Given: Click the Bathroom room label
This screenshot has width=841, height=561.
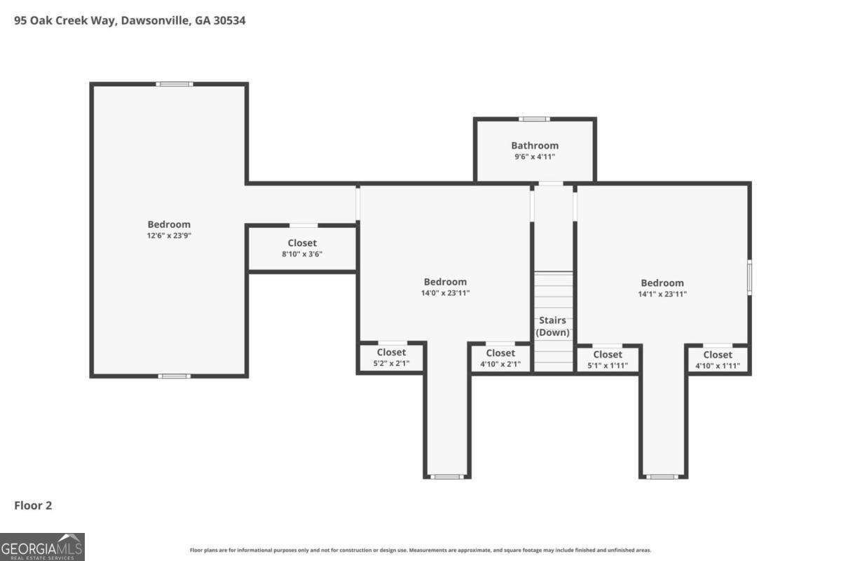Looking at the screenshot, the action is (535, 145).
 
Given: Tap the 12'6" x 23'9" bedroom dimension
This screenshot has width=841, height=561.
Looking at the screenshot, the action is (169, 236).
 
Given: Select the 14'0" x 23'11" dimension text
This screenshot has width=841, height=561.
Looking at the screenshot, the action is (445, 293).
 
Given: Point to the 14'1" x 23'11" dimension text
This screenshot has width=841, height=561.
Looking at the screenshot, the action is (662, 295).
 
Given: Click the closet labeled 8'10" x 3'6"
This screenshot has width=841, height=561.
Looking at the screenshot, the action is (302, 248).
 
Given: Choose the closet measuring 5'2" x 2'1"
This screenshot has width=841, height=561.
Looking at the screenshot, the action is (391, 358).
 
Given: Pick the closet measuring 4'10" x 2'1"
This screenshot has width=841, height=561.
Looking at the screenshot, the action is (500, 358).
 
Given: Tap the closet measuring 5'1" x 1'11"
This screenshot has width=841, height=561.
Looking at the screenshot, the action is (608, 360).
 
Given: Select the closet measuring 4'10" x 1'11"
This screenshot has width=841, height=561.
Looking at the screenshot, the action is (718, 360).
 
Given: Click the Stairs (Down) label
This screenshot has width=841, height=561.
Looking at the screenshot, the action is (553, 326).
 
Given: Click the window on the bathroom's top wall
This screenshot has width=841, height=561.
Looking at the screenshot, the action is (534, 119).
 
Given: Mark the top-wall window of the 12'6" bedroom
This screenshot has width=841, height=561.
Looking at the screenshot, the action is (175, 84).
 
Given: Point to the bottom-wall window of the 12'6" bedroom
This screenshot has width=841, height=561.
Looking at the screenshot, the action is (175, 376).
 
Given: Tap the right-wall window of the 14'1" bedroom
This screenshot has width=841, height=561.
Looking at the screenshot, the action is (749, 277).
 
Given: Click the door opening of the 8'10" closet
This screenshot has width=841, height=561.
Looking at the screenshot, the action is (303, 226).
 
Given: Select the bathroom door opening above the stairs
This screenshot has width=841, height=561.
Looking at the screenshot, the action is (551, 183).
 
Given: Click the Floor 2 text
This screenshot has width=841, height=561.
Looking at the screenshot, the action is (33, 506).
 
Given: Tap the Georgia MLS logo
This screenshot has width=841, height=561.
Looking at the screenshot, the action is (42, 547).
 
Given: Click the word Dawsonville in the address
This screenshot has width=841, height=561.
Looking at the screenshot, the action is (154, 20).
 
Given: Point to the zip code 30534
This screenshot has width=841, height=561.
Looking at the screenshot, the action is (229, 20).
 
